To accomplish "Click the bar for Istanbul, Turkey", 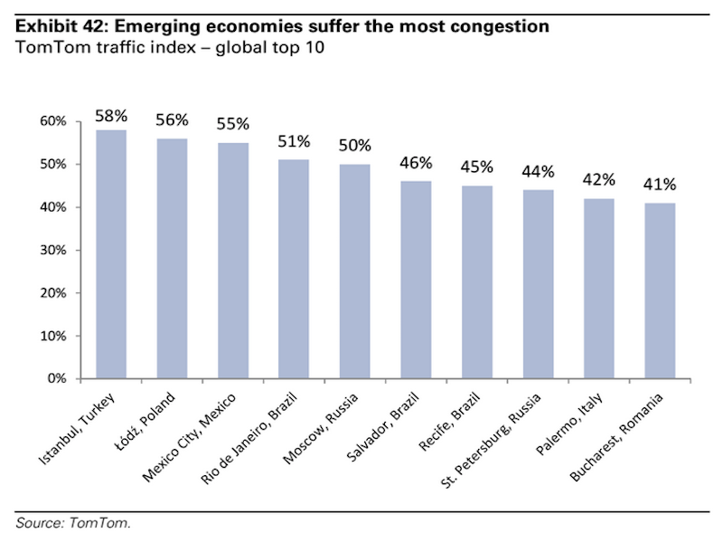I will coord(111,254).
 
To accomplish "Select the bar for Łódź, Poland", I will coord(172,259).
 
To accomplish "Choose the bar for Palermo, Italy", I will coord(598,289).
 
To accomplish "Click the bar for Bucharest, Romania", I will coord(660,291).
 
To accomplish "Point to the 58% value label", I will coord(111,117).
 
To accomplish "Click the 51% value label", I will coord(294,142).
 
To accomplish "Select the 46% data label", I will coord(416,164).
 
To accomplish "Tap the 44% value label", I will coord(538,172).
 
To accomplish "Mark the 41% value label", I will coord(660,185).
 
